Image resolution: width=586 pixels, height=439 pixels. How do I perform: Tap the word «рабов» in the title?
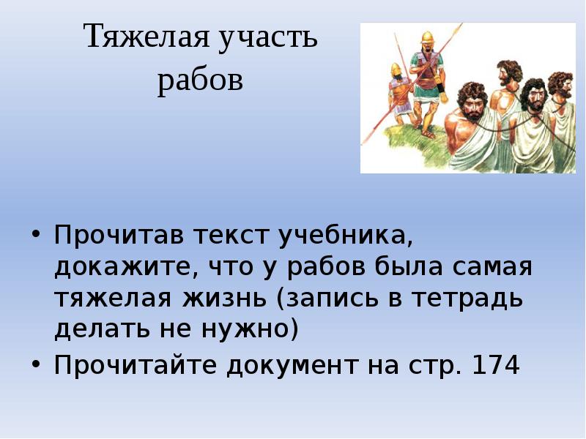(199, 80)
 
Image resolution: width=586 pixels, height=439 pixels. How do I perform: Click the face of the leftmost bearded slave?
(468, 102)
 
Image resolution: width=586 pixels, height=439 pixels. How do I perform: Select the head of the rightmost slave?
(561, 84)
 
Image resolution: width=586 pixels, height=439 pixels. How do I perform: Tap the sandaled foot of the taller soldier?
(429, 133)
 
